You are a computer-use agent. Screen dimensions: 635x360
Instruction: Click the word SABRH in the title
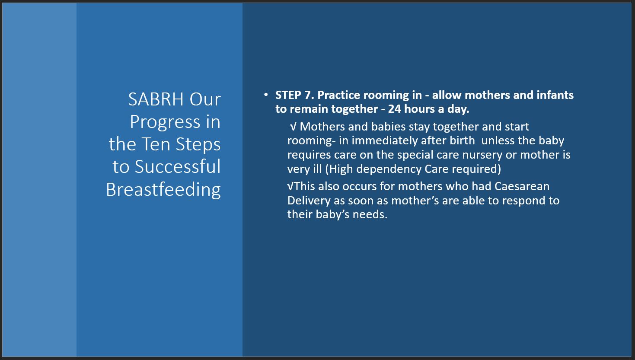pos(156,99)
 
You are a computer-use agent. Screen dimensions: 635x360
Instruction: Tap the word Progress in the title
pos(165,122)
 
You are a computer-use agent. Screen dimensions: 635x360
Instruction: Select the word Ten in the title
pos(157,144)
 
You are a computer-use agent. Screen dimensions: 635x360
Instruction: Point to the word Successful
pos(178,166)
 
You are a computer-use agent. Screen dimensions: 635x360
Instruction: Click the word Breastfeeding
pos(163,189)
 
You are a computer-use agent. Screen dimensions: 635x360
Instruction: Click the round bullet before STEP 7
pos(265,95)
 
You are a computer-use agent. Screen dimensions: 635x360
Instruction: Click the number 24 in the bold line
pos(395,109)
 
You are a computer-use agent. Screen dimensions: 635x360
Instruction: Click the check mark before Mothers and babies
pos(293,127)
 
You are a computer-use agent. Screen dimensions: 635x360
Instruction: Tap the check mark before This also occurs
pos(290,187)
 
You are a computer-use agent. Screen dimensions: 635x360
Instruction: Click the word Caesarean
pos(522,187)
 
